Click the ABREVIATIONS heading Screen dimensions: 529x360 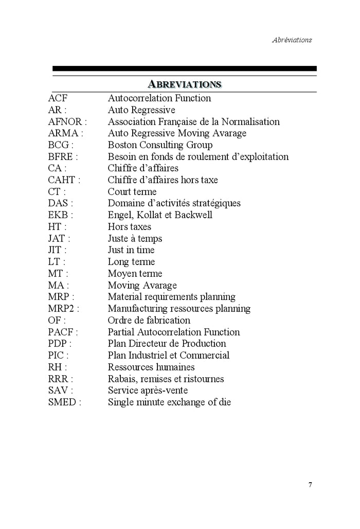click(184, 84)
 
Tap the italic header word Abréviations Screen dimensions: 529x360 click(292, 40)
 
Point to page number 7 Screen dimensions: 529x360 click(310, 484)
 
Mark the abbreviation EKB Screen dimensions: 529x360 click(58, 215)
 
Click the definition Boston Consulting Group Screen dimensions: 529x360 click(160, 146)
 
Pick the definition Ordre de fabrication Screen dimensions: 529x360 click(149, 321)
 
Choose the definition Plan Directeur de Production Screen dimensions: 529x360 click(167, 344)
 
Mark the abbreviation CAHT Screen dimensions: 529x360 click(61, 180)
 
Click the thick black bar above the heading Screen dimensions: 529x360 click(184, 68)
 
